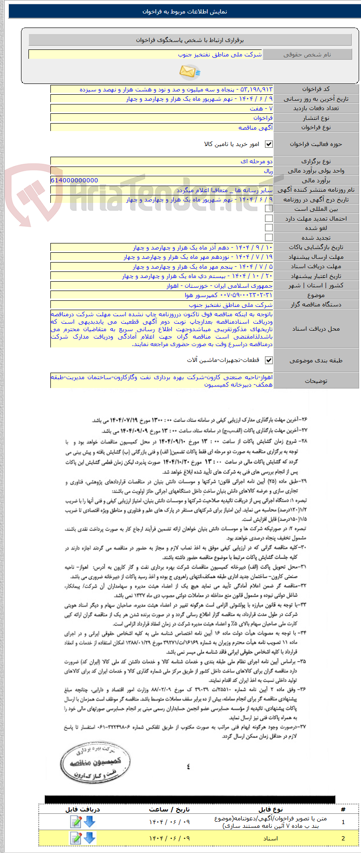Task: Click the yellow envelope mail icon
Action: (189, 71)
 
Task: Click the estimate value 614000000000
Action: (75, 180)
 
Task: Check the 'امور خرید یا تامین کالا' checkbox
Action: (269, 144)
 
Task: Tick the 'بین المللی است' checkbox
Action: (269, 209)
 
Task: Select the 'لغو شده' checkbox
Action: (269, 228)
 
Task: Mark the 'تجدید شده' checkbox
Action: (269, 237)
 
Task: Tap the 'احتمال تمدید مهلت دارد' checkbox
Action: (269, 218)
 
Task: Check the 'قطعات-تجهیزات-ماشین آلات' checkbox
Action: (269, 361)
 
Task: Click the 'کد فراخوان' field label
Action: (316, 89)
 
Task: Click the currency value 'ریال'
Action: (268, 171)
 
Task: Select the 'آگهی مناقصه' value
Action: (256, 127)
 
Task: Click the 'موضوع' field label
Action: (316, 295)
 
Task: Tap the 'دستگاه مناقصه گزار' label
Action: (316, 305)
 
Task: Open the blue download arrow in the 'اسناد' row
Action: (90, 838)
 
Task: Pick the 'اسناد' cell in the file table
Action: (271, 839)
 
